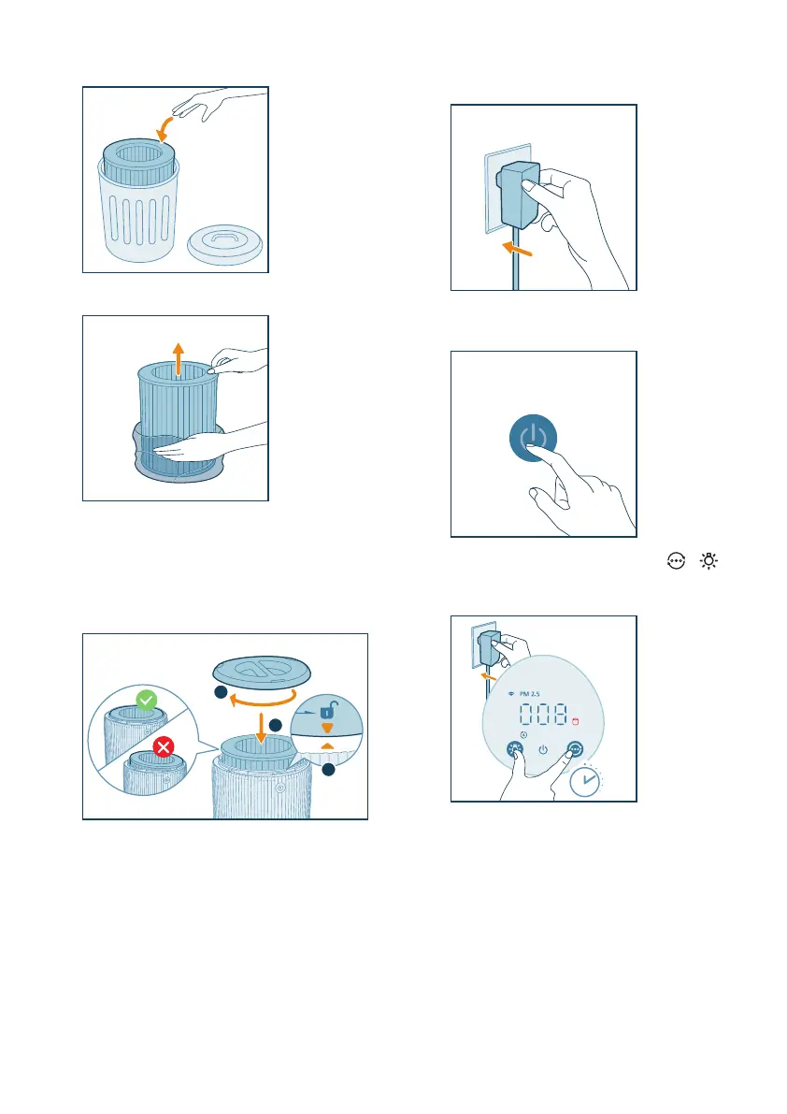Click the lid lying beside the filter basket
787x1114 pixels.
(x=225, y=244)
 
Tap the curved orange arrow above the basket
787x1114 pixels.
(x=164, y=128)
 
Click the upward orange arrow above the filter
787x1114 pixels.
(x=179, y=359)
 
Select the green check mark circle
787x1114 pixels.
(x=147, y=701)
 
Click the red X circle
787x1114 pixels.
(x=164, y=746)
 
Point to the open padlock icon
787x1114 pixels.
(x=327, y=710)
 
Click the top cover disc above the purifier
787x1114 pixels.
(x=262, y=673)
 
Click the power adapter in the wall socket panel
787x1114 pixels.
(x=520, y=194)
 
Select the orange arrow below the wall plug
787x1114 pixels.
(x=517, y=249)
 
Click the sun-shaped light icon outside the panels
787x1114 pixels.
(x=708, y=561)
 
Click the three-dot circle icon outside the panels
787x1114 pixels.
(x=677, y=561)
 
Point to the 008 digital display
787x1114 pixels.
(x=544, y=714)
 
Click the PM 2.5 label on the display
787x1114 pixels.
(x=529, y=693)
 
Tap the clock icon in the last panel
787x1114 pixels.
(x=585, y=780)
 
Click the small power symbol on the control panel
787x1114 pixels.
(x=543, y=749)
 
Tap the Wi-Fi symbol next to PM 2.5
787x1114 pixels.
(x=511, y=693)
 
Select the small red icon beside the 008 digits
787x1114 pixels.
(x=576, y=722)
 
